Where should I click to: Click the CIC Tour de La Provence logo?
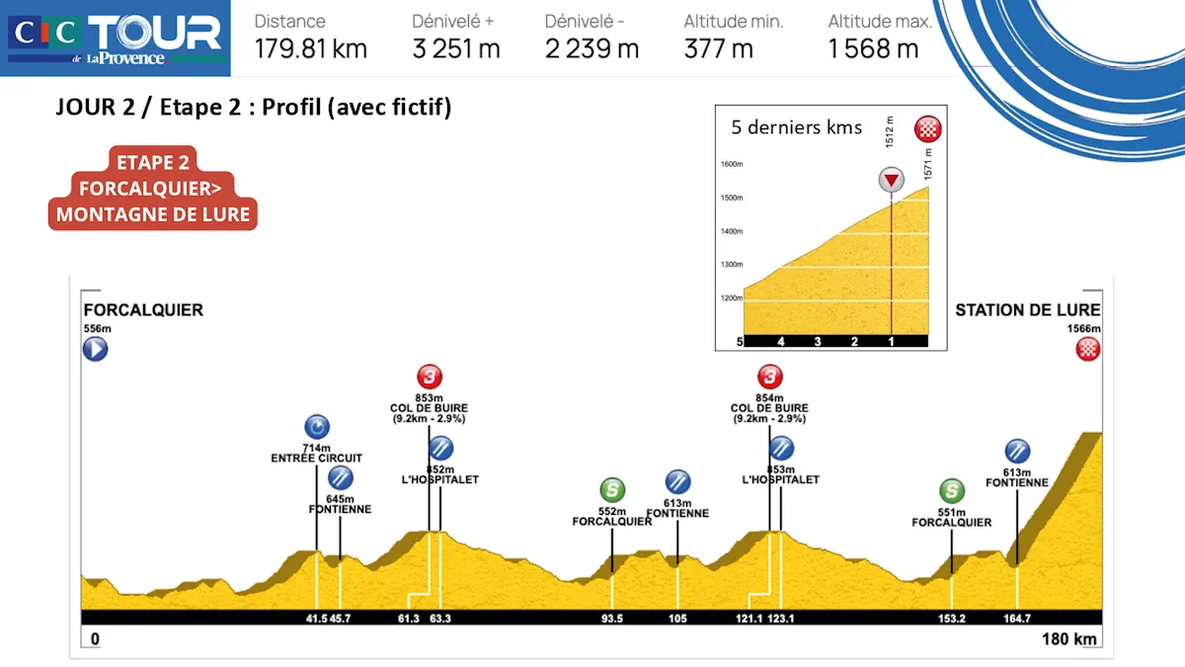(116, 38)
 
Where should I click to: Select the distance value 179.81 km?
(310, 48)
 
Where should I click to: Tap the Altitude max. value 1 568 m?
(873, 48)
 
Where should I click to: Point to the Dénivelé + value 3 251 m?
(456, 48)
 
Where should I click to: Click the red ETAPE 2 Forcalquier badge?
(153, 188)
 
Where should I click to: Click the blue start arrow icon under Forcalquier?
(95, 349)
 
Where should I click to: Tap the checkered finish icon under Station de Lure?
(1088, 348)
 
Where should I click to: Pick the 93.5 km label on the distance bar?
(612, 619)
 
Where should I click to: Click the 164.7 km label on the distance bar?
(1016, 619)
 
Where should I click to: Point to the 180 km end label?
(1069, 639)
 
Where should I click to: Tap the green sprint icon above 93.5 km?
(612, 489)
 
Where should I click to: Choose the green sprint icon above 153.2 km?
(952, 490)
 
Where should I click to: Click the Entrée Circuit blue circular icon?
(316, 427)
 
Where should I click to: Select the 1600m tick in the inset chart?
(732, 165)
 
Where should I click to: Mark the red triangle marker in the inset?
(892, 181)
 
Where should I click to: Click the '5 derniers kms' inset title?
(796, 127)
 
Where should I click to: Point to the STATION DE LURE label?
(1027, 310)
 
